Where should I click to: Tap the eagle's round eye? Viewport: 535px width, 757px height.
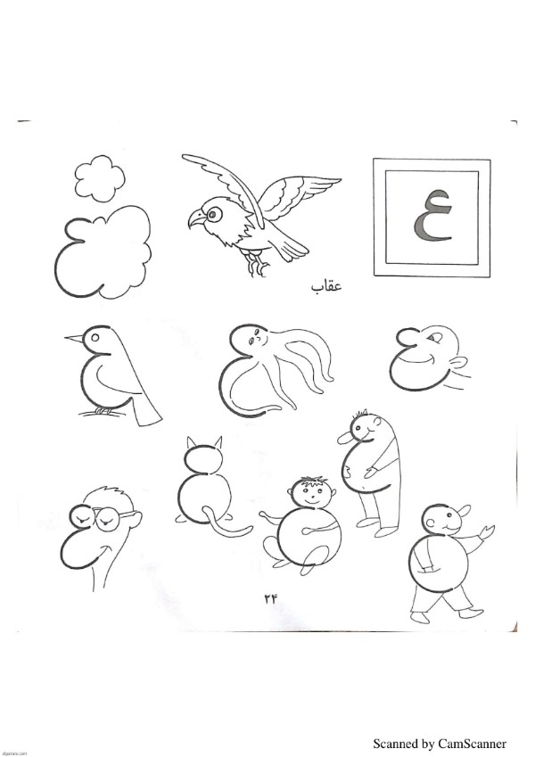pyautogui.click(x=212, y=213)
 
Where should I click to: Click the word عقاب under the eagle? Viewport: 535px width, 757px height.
pyautogui.click(x=326, y=286)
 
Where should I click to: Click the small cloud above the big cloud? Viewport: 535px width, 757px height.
pyautogui.click(x=100, y=178)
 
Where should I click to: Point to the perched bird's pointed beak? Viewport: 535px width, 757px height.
pyautogui.click(x=74, y=339)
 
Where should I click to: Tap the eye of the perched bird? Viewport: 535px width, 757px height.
pyautogui.click(x=95, y=337)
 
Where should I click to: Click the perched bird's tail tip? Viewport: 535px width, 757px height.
pyautogui.click(x=150, y=419)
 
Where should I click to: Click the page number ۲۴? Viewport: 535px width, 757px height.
pyautogui.click(x=271, y=598)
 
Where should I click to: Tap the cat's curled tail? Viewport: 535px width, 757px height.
pyautogui.click(x=225, y=523)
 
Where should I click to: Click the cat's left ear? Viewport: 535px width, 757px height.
pyautogui.click(x=191, y=443)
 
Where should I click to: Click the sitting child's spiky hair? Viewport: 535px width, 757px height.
pyautogui.click(x=313, y=481)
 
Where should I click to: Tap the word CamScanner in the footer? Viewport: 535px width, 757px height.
pyautogui.click(x=472, y=744)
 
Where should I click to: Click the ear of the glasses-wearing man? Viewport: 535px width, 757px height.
pyautogui.click(x=136, y=520)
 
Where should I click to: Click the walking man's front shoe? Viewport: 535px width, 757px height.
pyautogui.click(x=420, y=617)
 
